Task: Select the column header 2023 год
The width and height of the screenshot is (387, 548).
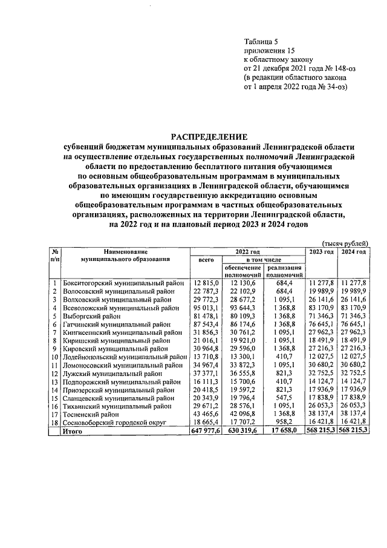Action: (x=321, y=251)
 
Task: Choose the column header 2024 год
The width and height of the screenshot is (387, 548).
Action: (x=353, y=251)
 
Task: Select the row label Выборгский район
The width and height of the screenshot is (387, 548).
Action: (x=91, y=316)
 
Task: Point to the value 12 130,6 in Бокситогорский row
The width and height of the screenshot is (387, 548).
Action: (x=243, y=283)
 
